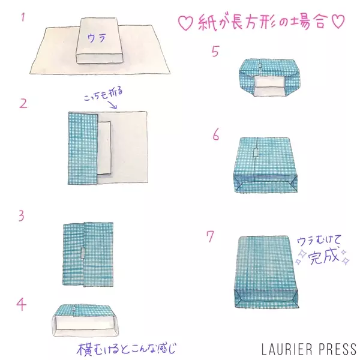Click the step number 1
23,17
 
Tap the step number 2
23,104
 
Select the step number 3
22,216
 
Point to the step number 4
22,304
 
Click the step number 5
215,51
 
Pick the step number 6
216,134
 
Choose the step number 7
211,236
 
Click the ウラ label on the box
97,38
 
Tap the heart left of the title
185,23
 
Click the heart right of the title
338,21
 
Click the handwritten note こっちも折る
103,94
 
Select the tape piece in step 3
83,254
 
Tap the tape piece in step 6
256,152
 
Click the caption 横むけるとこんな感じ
126,349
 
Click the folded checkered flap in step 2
83,148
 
